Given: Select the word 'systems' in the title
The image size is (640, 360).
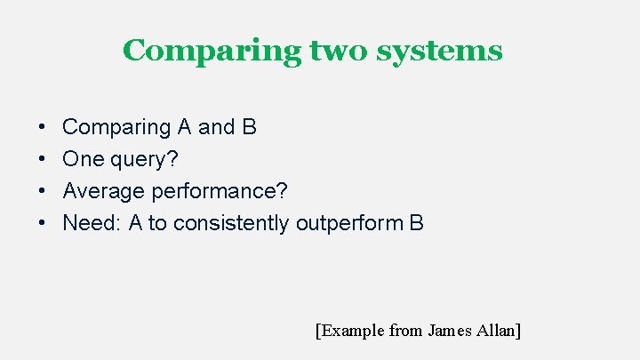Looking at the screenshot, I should click(x=439, y=52).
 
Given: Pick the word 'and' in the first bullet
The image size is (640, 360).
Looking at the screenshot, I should click(x=217, y=128).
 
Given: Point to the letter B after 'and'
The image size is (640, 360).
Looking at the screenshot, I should click(x=250, y=128).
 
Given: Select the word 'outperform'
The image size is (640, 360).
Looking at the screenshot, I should click(x=349, y=224).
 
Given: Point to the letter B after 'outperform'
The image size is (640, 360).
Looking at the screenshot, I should click(x=417, y=224).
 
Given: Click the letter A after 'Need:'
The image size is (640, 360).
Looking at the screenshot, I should click(x=136, y=224).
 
